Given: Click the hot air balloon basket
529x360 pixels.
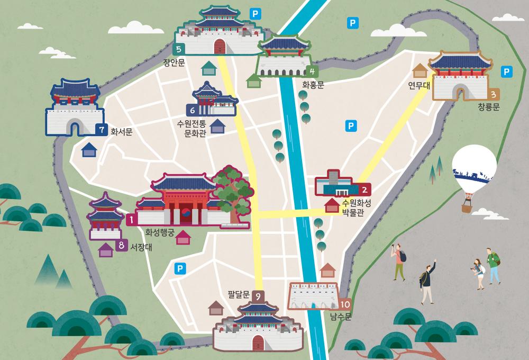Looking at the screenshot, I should [x=467, y=207].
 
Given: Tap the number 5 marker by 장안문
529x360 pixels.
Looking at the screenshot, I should [x=179, y=49].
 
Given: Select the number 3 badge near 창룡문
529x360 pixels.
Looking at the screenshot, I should [x=493, y=95].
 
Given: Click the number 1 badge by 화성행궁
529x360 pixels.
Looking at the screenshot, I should [x=131, y=217].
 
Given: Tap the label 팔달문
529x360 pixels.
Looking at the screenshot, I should [x=238, y=295].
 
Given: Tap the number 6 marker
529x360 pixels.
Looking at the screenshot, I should [x=192, y=110].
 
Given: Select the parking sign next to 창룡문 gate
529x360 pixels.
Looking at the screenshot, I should [x=506, y=70].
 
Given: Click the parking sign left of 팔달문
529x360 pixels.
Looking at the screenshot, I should [x=180, y=268].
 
